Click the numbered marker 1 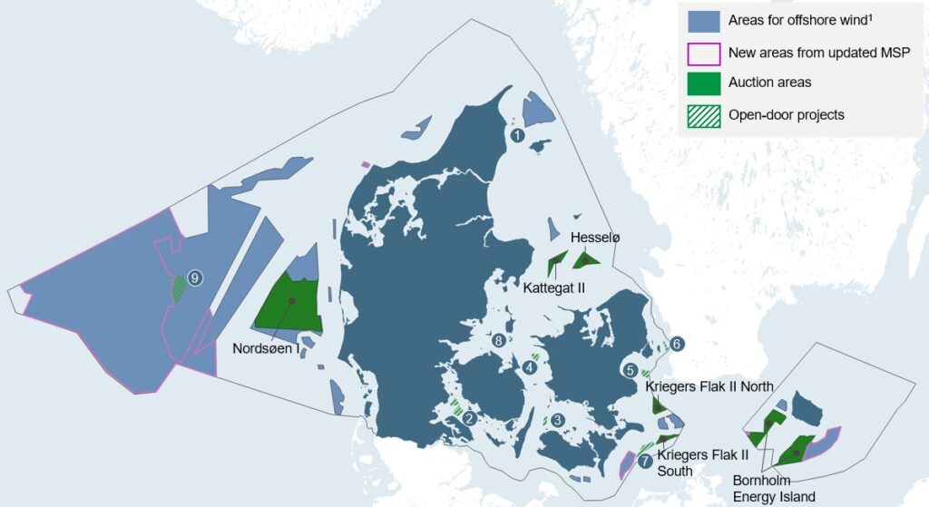517,135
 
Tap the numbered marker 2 469,418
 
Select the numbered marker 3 558,419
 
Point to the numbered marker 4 529,367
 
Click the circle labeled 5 630,370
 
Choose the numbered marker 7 644,461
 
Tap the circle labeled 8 499,341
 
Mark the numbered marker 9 194,278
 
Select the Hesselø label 595,238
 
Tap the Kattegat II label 554,288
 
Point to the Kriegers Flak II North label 709,387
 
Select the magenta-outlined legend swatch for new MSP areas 704,53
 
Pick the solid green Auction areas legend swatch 704,83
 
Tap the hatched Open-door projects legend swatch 704,115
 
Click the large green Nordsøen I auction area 288,304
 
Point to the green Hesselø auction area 586,260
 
